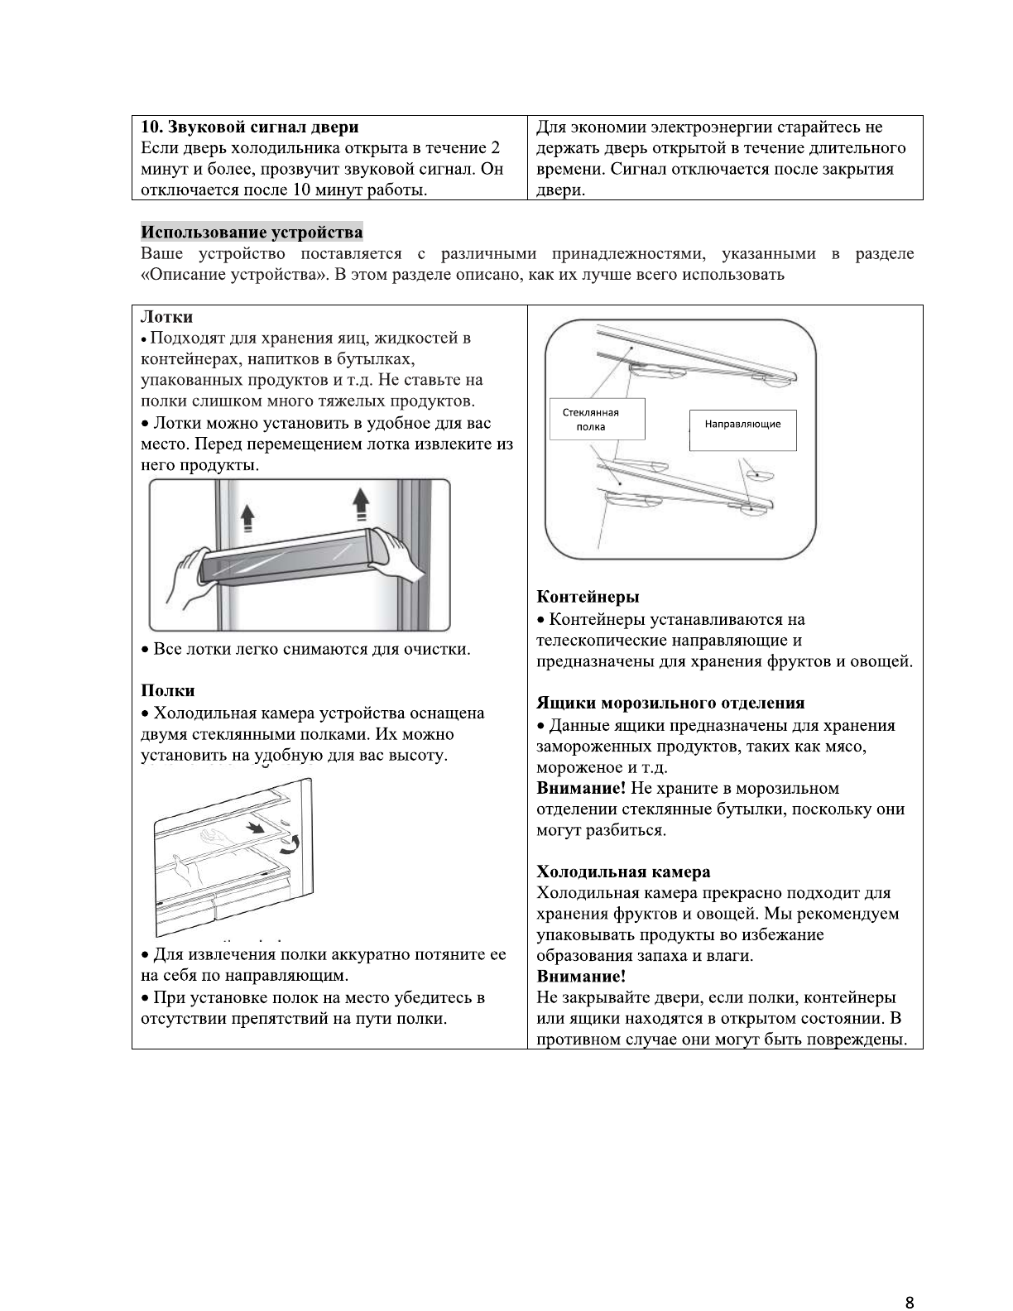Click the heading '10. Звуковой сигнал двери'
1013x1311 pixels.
tap(250, 127)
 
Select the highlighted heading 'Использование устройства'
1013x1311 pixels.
tap(252, 232)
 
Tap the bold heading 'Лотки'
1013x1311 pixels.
tap(167, 317)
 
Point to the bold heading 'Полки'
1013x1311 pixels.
tap(168, 690)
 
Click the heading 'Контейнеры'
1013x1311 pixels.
tap(588, 597)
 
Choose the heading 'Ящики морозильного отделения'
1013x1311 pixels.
tap(670, 704)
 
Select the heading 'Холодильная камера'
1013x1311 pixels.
tap(623, 872)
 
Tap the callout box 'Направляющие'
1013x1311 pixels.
tap(742, 425)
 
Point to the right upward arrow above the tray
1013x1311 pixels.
tap(360, 502)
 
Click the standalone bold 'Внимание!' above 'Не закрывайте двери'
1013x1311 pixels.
tap(581, 977)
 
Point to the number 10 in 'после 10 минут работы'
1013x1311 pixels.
tap(299, 190)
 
